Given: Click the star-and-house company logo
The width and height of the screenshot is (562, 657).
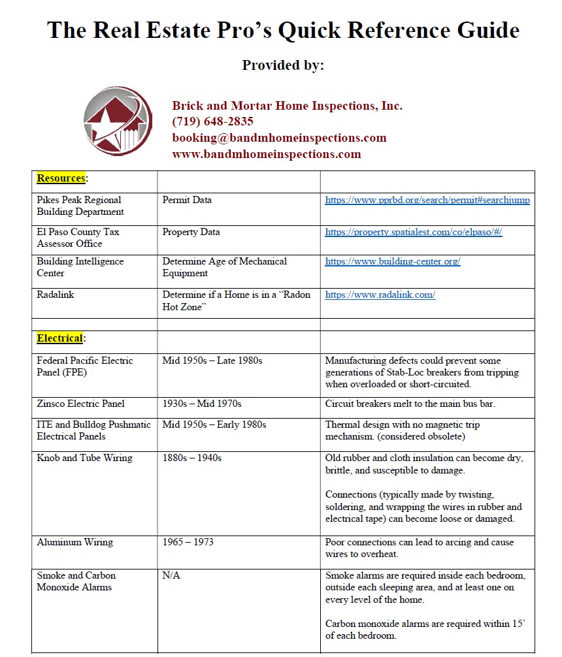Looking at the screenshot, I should tap(118, 121).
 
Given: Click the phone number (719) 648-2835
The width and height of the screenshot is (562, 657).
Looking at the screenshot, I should tap(212, 121).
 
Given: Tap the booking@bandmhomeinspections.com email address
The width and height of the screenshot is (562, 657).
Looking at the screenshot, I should tap(279, 138).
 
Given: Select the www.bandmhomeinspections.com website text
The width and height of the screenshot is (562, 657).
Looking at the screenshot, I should tap(266, 154).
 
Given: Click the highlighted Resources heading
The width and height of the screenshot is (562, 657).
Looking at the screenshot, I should tap(61, 178).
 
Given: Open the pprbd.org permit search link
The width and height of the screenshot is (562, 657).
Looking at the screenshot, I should tap(427, 200).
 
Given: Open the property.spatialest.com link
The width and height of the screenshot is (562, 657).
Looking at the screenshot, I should tap(413, 232).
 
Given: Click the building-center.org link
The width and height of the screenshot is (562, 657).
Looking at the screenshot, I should tap(393, 261).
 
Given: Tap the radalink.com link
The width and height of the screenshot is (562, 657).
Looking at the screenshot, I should tap(380, 295).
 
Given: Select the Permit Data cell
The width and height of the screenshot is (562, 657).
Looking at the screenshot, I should tap(187, 200).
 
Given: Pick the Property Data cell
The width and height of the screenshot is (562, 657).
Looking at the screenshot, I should tap(191, 232).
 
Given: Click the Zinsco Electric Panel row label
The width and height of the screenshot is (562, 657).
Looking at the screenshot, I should tap(81, 404).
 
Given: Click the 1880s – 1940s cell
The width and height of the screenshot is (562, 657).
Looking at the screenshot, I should tap(191, 458).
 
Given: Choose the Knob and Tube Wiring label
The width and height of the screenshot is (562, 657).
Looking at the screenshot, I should tap(84, 458).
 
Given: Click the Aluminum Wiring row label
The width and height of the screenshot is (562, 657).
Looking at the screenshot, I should tap(74, 542).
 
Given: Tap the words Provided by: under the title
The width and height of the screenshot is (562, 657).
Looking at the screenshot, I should tap(283, 65).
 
